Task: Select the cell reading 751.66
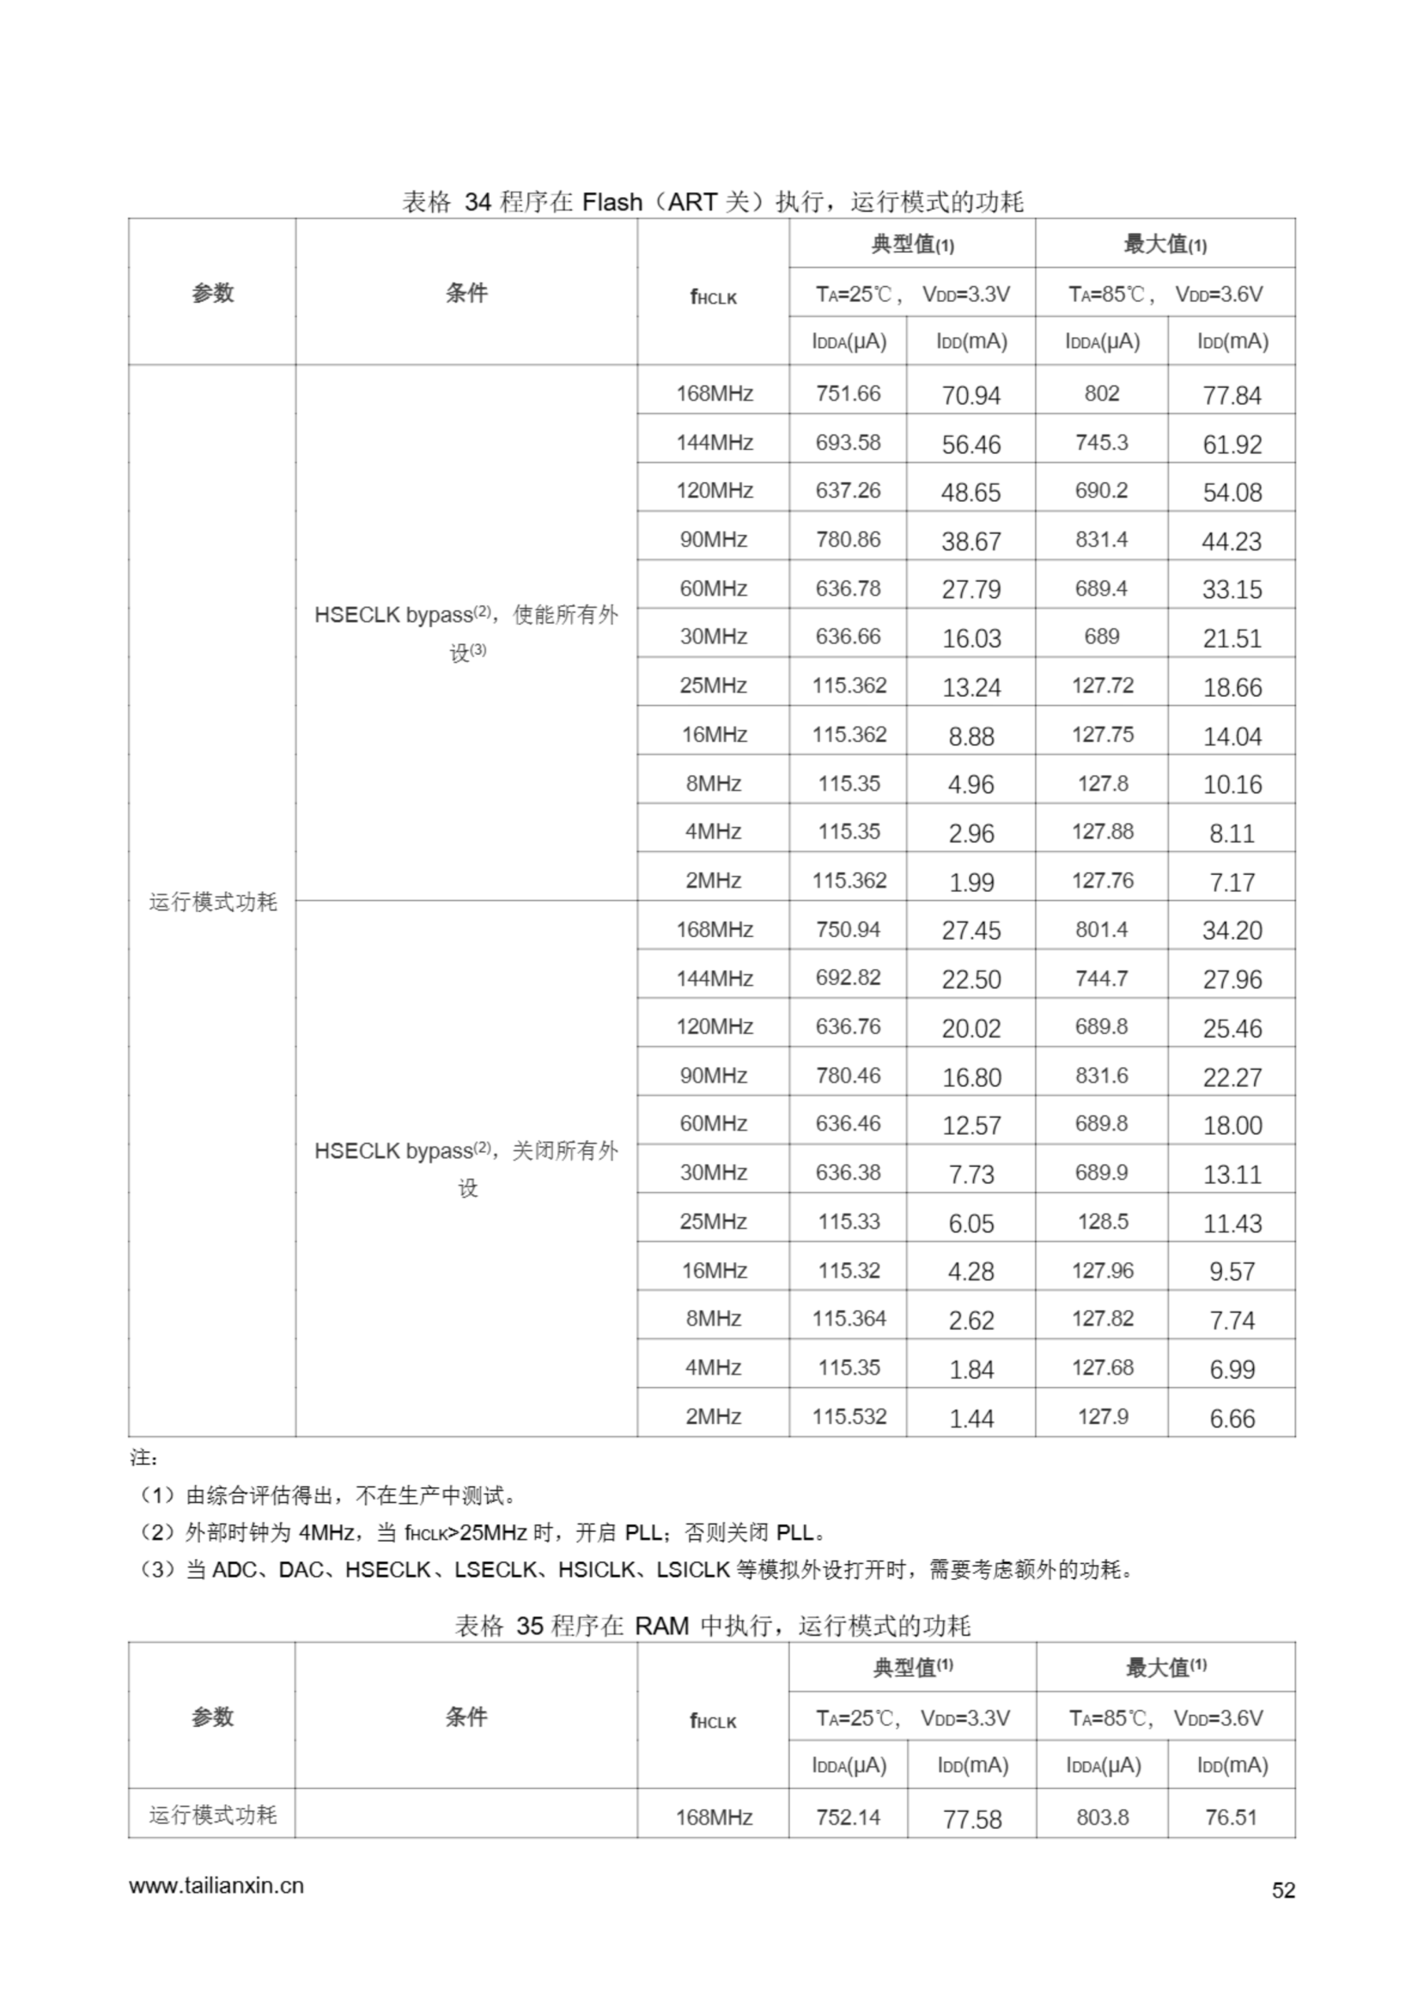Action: [x=847, y=393]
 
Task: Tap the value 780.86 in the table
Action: [x=847, y=540]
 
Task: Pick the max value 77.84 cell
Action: [x=1231, y=395]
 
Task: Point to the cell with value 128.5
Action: [x=1102, y=1221]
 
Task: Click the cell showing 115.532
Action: [x=848, y=1416]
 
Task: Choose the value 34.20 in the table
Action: [x=1231, y=930]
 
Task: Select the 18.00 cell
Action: [x=1231, y=1126]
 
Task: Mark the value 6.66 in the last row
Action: [x=1231, y=1418]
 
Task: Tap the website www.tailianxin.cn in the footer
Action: [x=216, y=1886]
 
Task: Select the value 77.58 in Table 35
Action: [x=972, y=1819]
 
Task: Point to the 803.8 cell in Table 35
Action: [x=1102, y=1817]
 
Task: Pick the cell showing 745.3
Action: [x=1101, y=442]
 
